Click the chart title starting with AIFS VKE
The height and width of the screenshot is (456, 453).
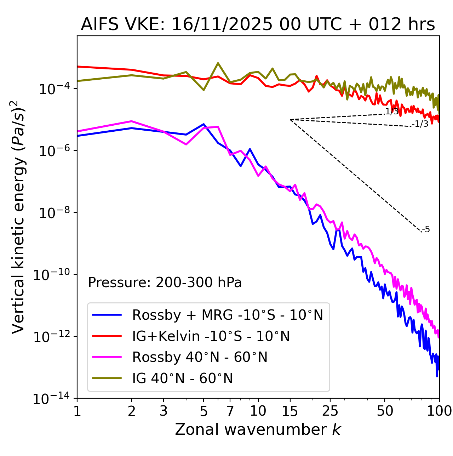258,25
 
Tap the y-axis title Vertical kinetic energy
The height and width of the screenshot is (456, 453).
18,217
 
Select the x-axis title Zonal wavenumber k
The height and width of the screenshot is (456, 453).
258,429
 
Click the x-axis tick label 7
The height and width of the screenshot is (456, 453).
230,411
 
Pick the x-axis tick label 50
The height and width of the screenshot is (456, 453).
385,411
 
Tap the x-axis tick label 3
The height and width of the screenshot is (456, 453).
164,411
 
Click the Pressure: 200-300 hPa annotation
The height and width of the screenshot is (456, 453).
165,283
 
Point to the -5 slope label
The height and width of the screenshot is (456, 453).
426,229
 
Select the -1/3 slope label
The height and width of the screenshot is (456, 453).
420,124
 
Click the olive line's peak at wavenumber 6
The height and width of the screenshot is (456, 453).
218,63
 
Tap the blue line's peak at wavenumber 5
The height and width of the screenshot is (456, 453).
203,124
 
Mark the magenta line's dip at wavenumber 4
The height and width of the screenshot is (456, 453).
186,144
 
